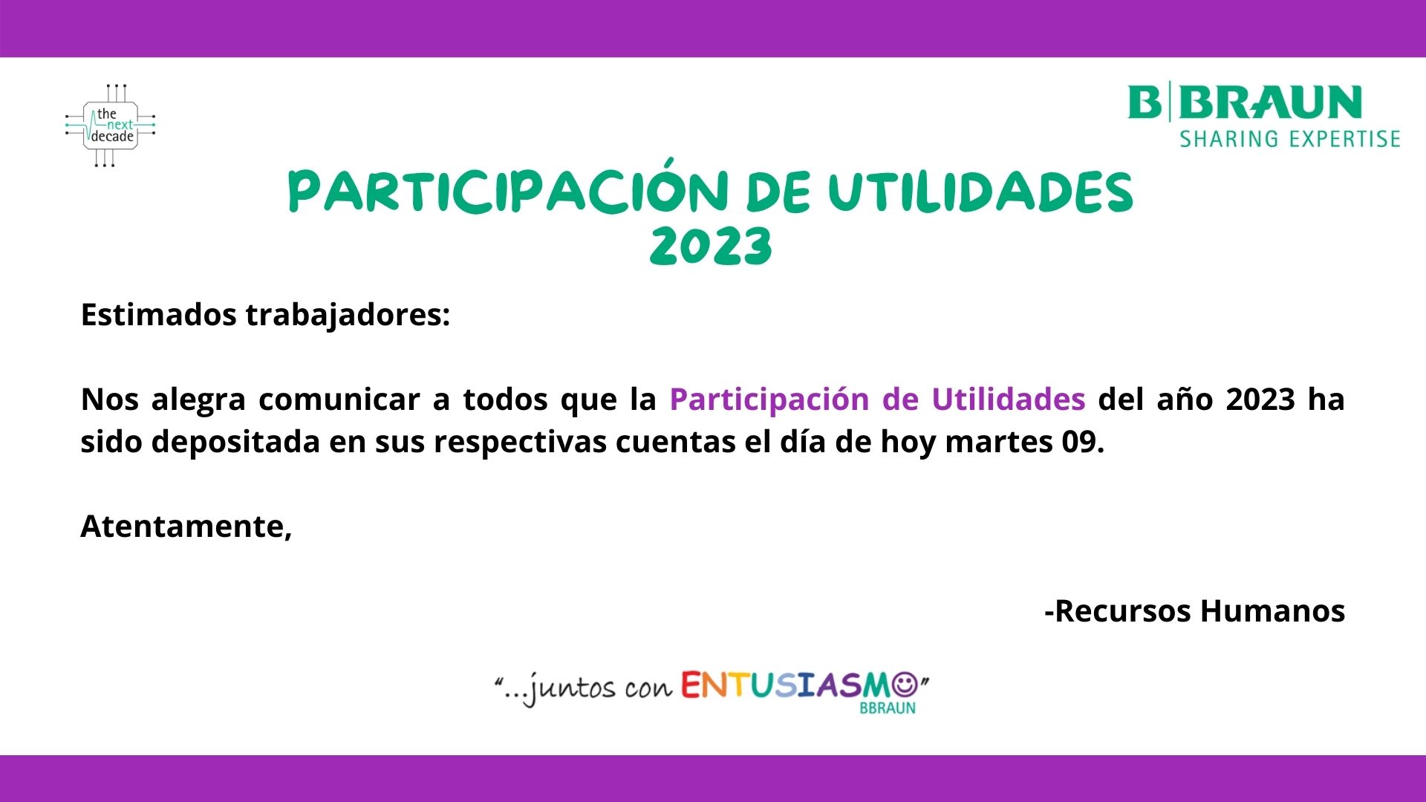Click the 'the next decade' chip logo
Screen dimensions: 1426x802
coord(110,125)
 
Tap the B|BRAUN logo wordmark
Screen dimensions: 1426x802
coord(1245,102)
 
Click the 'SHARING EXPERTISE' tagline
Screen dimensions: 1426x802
coord(1290,139)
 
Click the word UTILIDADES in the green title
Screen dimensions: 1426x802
coord(980,192)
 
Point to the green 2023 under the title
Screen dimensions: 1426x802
coord(712,247)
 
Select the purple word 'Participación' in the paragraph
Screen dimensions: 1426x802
coord(769,400)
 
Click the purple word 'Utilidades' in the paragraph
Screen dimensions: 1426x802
coord(1009,400)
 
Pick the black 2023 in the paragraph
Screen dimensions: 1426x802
coord(1260,400)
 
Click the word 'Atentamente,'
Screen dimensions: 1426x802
coord(186,526)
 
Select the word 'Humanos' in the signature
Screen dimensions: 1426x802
coord(1273,611)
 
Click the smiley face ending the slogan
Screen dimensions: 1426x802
coord(904,685)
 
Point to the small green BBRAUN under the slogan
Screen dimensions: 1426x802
coord(888,708)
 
